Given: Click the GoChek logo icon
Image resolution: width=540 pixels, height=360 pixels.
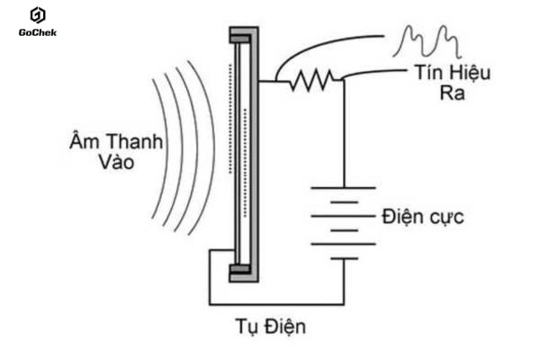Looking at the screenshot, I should click(x=37, y=14).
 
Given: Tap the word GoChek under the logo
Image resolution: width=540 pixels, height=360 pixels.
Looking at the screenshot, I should click(x=37, y=33).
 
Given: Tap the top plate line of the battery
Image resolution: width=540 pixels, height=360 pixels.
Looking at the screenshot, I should click(x=343, y=187).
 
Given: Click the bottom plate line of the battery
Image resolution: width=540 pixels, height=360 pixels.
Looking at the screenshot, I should click(x=343, y=258).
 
